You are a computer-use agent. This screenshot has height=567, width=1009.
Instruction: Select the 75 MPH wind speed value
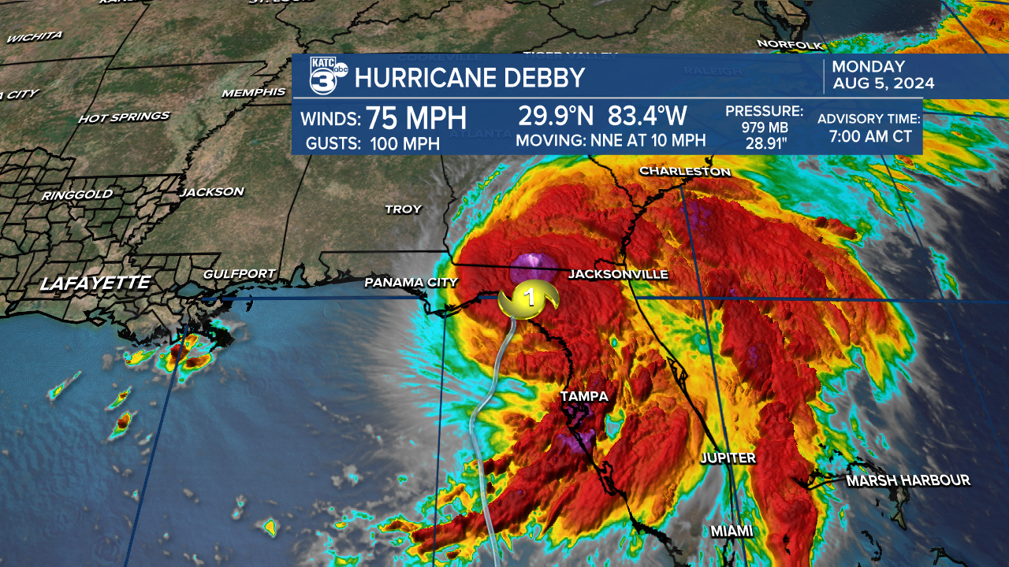417,118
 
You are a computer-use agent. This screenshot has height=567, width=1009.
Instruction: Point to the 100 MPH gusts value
404,143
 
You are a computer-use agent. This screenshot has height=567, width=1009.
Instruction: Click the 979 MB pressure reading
764,128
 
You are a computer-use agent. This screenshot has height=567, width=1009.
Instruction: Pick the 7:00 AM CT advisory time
869,136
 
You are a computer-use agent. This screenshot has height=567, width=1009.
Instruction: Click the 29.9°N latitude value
557,117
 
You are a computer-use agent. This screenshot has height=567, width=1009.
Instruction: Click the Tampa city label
584,396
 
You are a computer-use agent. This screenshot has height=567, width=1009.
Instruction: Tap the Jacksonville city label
618,274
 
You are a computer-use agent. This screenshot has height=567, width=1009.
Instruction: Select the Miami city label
732,532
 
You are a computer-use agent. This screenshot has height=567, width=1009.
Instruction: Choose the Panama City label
411,283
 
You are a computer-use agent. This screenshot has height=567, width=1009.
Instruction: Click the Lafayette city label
95,283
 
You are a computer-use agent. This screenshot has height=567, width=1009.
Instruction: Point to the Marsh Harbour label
908,480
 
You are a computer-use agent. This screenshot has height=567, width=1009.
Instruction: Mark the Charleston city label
685,171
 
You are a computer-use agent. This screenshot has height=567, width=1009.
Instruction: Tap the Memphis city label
254,92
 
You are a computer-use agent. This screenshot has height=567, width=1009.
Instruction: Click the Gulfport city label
239,274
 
